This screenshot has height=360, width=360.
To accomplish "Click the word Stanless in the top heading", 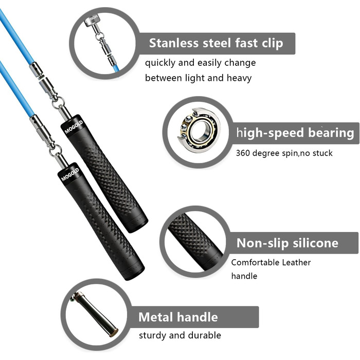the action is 174,43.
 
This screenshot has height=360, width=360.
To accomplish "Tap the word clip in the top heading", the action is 272,43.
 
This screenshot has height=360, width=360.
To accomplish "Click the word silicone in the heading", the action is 315,243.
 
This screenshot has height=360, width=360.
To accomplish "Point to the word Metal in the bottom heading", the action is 156,317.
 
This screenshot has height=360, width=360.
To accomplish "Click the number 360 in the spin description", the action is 243,153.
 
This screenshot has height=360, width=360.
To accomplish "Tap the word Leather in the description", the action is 296,262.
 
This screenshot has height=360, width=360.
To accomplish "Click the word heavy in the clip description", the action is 239,78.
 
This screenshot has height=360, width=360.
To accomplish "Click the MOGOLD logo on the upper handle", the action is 74,127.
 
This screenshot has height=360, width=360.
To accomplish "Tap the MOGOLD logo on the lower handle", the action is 70,174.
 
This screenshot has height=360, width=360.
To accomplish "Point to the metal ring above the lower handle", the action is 55,150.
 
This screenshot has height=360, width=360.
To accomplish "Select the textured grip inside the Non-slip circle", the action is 195,242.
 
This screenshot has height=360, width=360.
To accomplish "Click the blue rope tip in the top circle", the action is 116,68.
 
